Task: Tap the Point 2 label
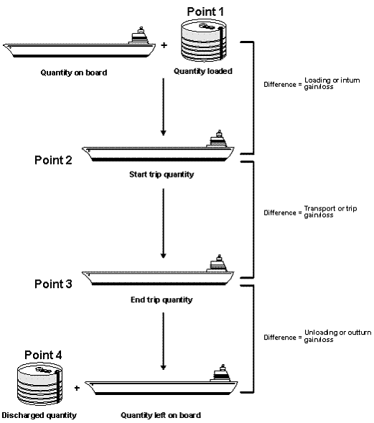53,159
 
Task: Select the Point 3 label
53,284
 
